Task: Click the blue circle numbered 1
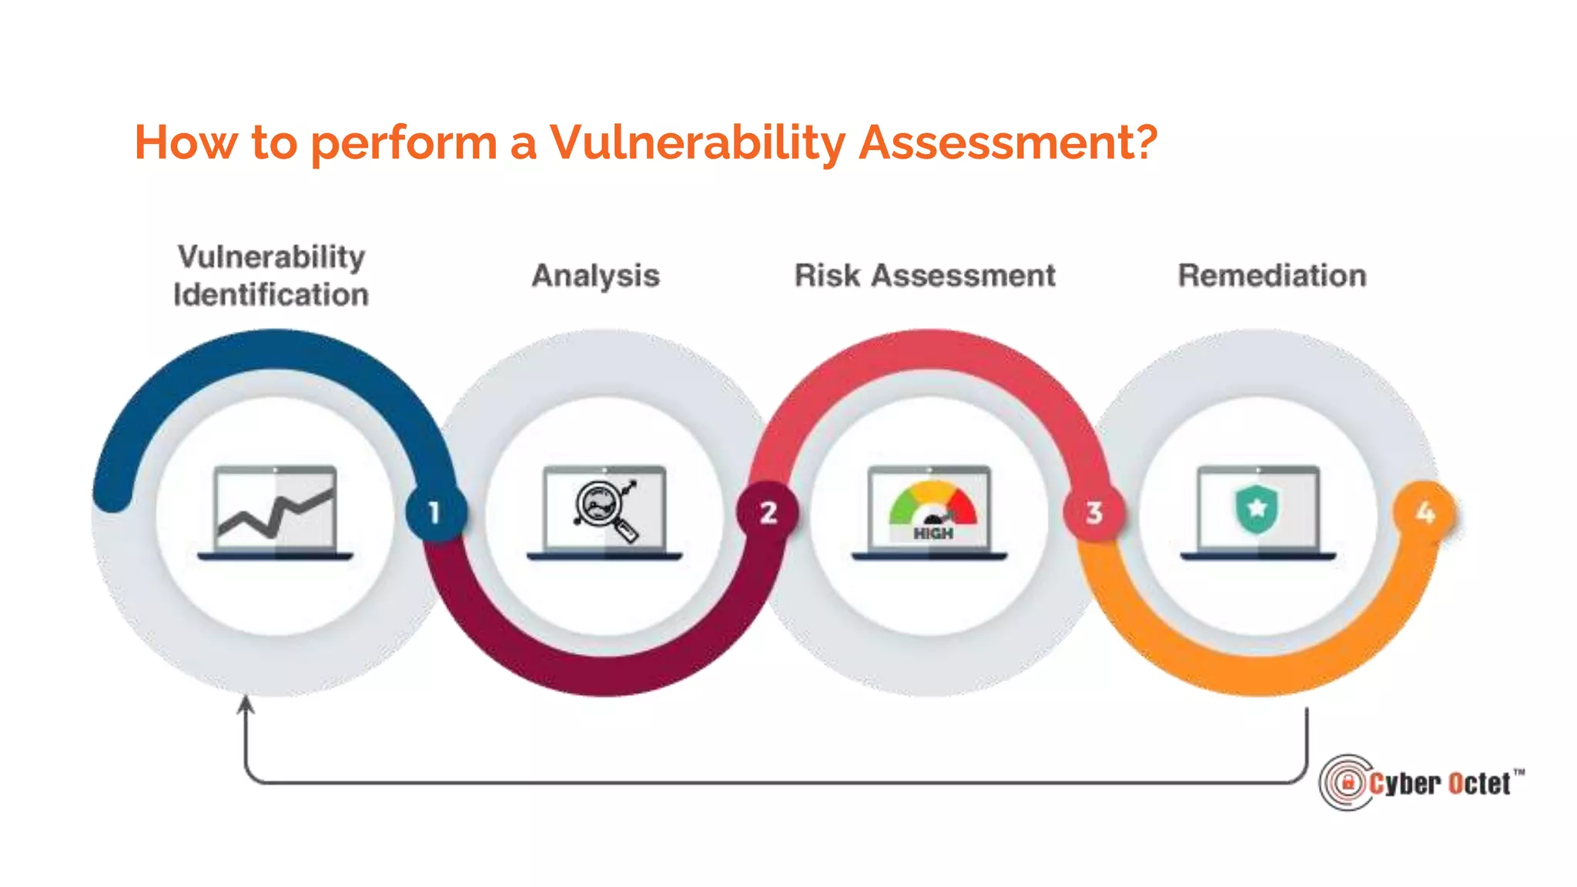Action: (435, 512)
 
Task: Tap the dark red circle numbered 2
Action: (768, 512)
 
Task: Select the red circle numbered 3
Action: (1094, 512)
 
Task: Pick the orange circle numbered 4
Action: (1425, 512)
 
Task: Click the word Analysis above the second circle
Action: (595, 276)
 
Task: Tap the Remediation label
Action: (1272, 276)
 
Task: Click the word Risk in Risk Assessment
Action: (826, 276)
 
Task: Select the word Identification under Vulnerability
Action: (271, 295)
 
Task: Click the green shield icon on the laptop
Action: (1257, 509)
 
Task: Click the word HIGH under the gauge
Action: (932, 534)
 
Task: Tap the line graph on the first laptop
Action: (275, 513)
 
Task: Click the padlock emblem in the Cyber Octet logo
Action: (1348, 783)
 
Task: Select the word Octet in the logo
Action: (1478, 784)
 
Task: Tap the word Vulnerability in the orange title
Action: (696, 144)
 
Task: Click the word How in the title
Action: (186, 143)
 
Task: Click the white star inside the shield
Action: (1257, 507)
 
